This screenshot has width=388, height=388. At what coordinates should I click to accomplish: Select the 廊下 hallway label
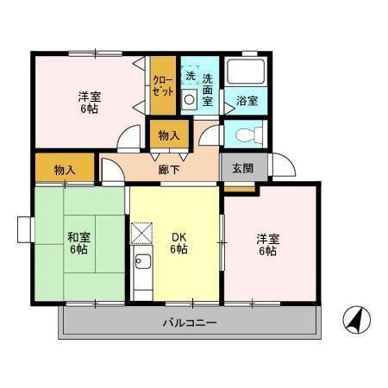pos(169,170)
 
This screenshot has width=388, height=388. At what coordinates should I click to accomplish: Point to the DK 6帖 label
pos(178,243)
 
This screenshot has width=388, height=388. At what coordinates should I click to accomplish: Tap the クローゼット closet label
pos(163,84)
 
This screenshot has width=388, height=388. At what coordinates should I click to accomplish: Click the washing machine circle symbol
pos(190,99)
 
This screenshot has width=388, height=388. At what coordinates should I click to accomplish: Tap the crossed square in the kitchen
pos(141,233)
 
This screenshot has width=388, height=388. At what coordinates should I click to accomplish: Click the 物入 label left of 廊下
pos(64,169)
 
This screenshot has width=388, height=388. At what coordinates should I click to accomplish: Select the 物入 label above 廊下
pos(169,135)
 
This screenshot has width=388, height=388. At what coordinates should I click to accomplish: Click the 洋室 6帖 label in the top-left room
pos(88,103)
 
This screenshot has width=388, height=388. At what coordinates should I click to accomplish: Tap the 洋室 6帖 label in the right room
pos(266,244)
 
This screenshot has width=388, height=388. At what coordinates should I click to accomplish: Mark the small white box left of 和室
pos(24,229)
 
